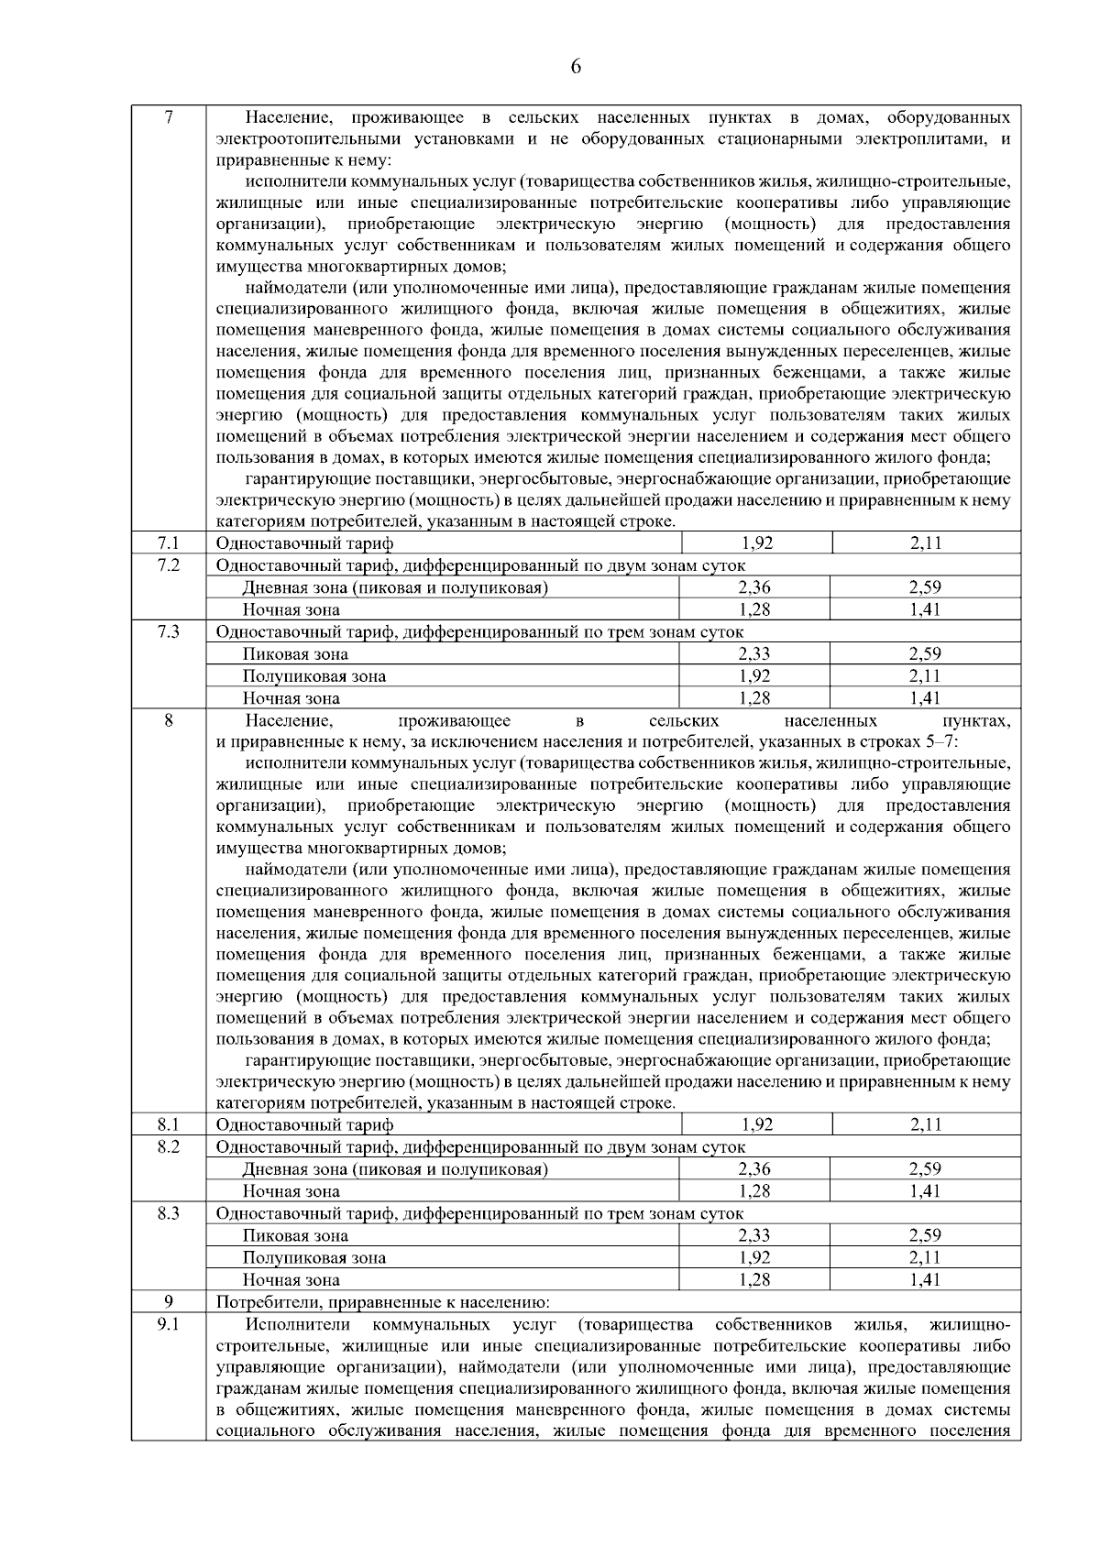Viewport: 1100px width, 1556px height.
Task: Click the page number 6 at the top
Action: pos(575,66)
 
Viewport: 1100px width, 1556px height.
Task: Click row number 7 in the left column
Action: pos(168,117)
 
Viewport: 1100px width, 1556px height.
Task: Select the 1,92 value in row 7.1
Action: pos(755,543)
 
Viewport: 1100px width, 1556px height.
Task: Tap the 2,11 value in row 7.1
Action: pos(926,543)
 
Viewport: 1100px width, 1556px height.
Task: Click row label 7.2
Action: pos(168,565)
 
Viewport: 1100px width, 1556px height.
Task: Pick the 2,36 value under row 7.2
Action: pos(754,587)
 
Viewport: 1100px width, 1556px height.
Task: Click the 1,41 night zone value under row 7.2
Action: pos(926,609)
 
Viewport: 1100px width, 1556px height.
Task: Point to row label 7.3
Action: pos(168,631)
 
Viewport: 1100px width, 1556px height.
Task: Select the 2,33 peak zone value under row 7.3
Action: pos(754,653)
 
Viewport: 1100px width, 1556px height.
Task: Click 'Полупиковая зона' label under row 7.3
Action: pos(314,676)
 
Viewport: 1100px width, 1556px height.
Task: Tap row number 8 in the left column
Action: pos(168,721)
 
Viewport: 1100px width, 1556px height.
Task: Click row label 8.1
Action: pos(168,1124)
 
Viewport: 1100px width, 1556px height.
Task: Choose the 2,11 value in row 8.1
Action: pos(926,1124)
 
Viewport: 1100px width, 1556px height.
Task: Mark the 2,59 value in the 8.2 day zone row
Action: pos(926,1169)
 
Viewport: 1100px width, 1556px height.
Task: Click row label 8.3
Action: pos(168,1213)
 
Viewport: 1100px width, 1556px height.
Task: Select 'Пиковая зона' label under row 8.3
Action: pos(295,1235)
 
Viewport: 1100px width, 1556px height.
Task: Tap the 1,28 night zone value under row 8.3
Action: pos(754,1279)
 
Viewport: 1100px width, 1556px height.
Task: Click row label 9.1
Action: pos(168,1324)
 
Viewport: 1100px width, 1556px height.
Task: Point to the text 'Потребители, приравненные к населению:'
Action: pos(382,1302)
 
